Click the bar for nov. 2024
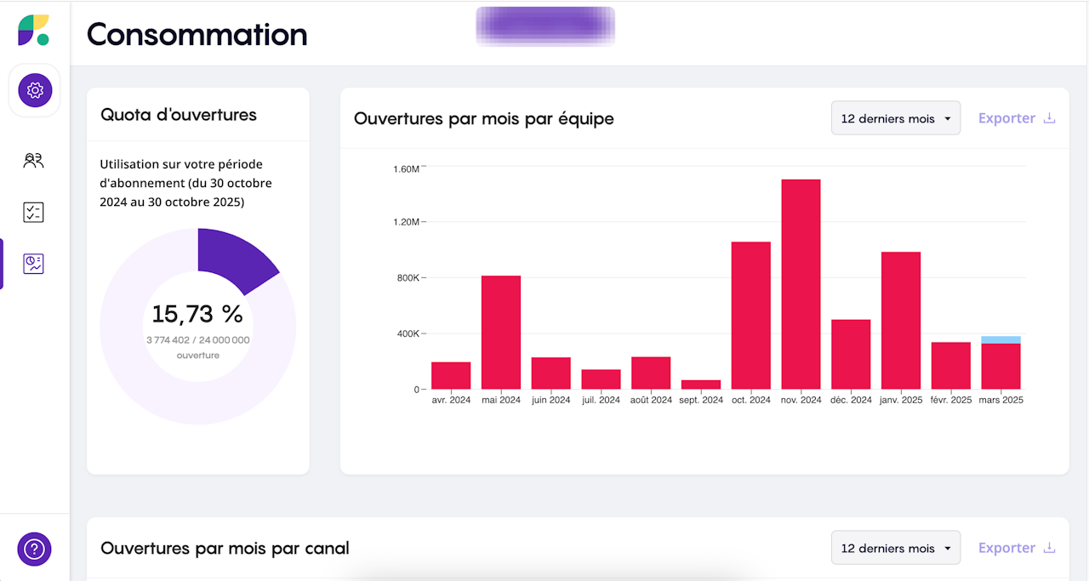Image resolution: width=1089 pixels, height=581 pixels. pos(801,284)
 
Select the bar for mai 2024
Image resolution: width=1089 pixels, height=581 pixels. pos(500,332)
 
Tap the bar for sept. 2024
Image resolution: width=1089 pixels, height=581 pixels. pos(701,384)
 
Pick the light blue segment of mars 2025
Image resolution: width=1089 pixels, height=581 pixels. pos(1001,339)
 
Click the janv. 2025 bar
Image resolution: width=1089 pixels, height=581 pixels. pos(901,320)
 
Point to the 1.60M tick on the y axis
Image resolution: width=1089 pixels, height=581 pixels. pos(407,168)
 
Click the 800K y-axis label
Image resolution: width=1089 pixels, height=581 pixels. pos(407,278)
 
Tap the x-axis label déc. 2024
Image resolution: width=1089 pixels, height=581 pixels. pos(851,400)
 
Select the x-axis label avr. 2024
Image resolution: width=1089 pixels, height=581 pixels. pos(450,400)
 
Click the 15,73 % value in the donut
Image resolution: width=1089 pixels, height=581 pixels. pos(197,314)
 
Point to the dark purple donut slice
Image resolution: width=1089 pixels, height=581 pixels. pos(231,255)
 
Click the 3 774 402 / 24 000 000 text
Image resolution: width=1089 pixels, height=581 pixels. pos(197,340)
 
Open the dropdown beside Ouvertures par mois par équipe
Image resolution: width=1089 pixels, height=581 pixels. pos(895,118)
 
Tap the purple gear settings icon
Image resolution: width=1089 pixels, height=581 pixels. pos(35,89)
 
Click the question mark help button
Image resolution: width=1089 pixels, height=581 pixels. pos(35,549)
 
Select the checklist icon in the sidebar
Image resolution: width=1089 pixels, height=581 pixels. pos(33,212)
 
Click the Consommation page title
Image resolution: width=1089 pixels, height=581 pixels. pos(197,35)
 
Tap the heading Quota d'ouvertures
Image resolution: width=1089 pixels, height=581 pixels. pos(179,114)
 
